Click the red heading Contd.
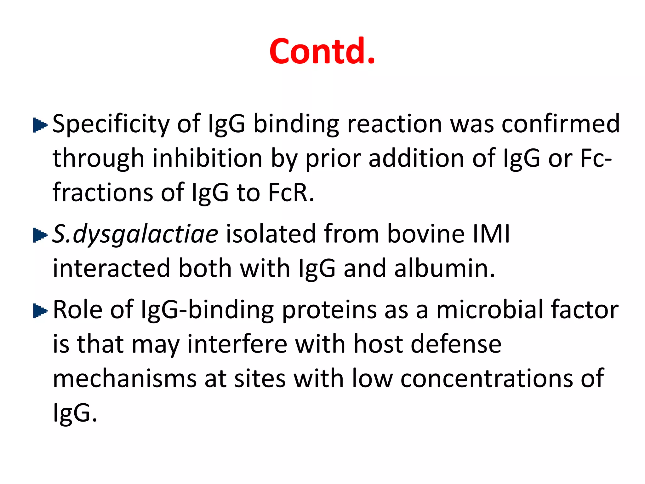coord(322,51)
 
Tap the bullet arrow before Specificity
coord(40,125)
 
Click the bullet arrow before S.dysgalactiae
coord(40,235)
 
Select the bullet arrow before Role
coord(40,311)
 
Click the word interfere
coord(237,344)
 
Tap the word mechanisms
coord(125,379)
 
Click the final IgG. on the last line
coord(75,413)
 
